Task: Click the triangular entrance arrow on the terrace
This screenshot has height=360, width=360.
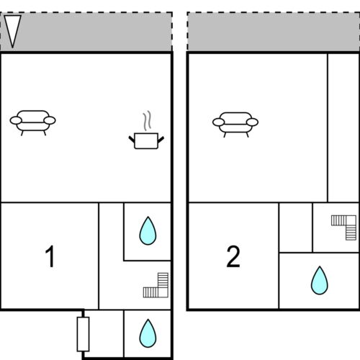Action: tap(12, 31)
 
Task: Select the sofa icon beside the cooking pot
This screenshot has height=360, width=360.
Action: tap(32, 123)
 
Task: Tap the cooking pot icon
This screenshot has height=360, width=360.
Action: tap(146, 141)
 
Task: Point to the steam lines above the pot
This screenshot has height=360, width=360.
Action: tap(147, 120)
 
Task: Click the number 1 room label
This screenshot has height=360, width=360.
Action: tap(50, 256)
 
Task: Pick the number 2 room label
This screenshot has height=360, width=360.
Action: tap(233, 256)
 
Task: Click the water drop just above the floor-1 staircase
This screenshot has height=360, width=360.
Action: tap(148, 230)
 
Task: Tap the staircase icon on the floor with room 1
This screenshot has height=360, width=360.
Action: tap(156, 285)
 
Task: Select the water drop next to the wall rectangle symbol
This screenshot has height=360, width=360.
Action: tap(148, 333)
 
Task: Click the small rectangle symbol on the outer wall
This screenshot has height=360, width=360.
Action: tap(83, 334)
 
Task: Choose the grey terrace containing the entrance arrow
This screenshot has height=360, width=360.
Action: tap(86, 32)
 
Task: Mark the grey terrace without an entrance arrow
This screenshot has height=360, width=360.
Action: tap(274, 32)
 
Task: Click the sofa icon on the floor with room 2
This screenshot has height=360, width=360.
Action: tap(235, 125)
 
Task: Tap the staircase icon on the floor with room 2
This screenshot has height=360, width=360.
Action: tap(343, 228)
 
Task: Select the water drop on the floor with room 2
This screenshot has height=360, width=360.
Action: tap(320, 280)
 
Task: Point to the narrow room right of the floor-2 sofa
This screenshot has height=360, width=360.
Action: tap(343, 128)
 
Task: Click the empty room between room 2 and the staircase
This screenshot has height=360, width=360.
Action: tap(296, 228)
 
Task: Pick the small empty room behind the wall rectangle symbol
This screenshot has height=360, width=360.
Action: tap(104, 333)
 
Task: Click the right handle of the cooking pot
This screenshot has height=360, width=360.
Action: tap(161, 139)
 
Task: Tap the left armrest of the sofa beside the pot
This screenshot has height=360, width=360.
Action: tap(16, 120)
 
